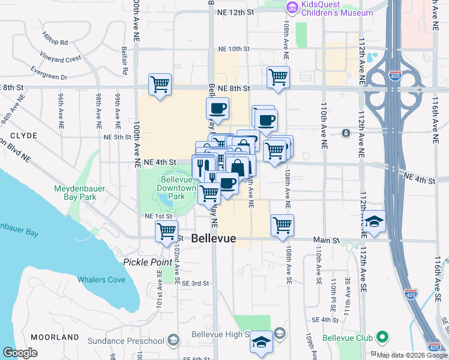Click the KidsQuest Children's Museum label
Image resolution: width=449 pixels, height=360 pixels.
tap(328, 8)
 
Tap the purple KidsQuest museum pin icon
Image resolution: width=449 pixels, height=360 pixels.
tap(292, 8)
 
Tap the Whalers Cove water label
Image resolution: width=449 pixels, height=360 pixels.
tap(101, 280)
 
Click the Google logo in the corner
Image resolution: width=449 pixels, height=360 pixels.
tap(20, 352)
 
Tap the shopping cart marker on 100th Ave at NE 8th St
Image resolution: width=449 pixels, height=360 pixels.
tap(160, 84)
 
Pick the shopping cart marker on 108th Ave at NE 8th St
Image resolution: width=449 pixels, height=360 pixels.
tap(278, 76)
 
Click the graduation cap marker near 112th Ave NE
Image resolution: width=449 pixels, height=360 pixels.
tap(374, 220)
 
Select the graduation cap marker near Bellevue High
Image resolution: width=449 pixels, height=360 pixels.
tap(261, 341)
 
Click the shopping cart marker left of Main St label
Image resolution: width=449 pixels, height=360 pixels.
tap(166, 230)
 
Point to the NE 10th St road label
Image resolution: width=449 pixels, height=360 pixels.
tap(234, 49)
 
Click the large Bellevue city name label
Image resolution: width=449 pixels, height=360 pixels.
tap(214, 238)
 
